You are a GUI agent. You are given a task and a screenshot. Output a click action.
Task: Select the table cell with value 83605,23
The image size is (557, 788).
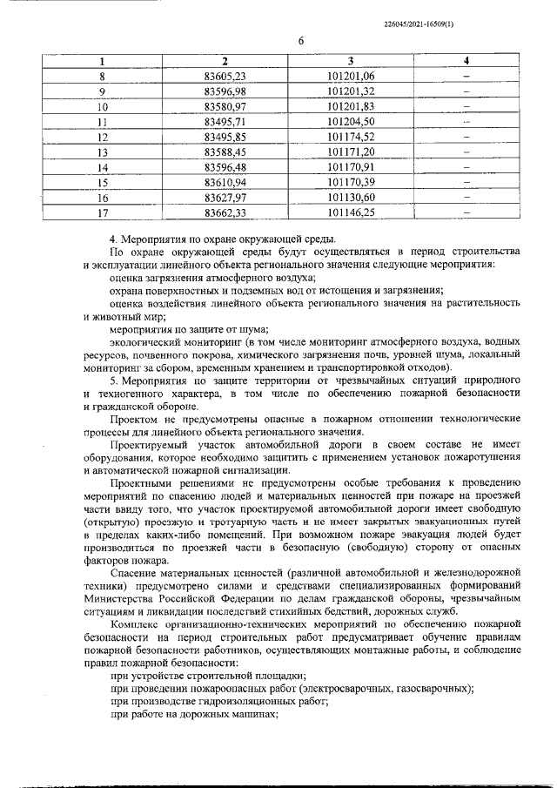pyautogui.click(x=225, y=76)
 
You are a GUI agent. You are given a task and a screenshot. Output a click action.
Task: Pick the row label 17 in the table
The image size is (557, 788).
pyautogui.click(x=102, y=212)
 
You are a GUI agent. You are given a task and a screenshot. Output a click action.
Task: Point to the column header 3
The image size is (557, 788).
pyautogui.click(x=351, y=61)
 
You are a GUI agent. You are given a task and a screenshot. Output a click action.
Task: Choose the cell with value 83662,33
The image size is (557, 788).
pyautogui.click(x=225, y=212)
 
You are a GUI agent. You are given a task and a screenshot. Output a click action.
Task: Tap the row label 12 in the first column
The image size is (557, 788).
pyautogui.click(x=102, y=137)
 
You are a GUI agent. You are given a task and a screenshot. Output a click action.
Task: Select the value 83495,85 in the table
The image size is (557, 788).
pyautogui.click(x=225, y=137)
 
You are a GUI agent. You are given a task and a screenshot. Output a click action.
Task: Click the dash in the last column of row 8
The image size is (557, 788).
pyautogui.click(x=466, y=77)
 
